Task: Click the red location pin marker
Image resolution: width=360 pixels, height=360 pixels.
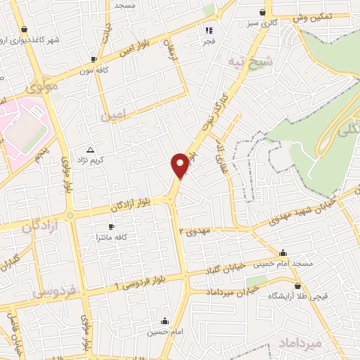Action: coord(180,165)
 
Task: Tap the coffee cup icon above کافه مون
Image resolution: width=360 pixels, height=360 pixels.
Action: coord(94,60)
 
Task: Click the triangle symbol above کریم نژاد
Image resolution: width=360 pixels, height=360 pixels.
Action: coord(89,150)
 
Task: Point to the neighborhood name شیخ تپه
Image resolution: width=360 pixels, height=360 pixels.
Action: coord(250,63)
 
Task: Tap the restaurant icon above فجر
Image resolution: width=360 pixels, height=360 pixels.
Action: coord(208,30)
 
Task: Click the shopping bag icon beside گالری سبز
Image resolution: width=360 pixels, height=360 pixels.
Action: coord(263,12)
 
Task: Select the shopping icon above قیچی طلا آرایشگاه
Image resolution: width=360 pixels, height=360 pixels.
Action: coord(299,286)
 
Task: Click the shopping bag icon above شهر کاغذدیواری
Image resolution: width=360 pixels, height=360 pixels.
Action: coord(25,30)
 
